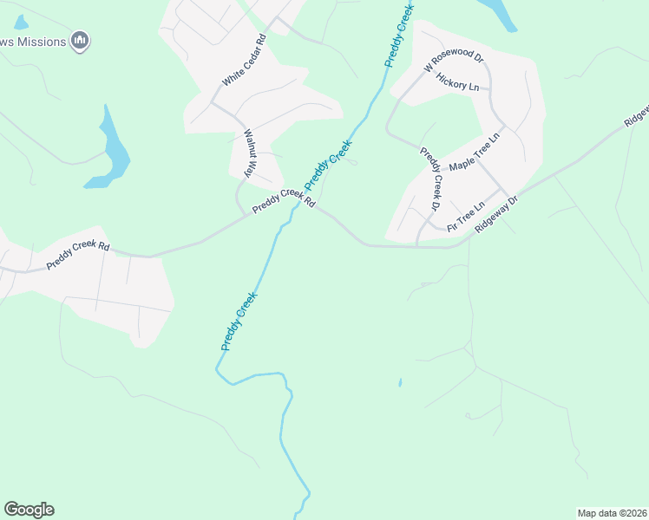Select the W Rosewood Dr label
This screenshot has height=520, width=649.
453,60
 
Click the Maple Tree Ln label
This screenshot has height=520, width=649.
475,153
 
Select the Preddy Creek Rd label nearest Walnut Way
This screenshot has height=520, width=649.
283,201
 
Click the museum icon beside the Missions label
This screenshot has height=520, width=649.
80,40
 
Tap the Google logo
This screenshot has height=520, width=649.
29,510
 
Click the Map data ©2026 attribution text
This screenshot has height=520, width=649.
612,513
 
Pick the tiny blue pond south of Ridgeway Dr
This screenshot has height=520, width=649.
400,381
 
